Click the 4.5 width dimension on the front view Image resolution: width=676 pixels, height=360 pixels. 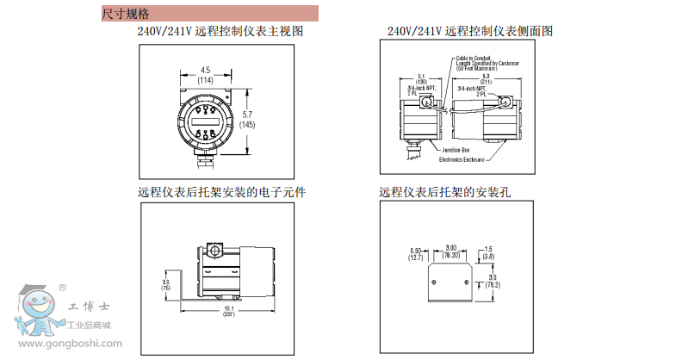[206, 74]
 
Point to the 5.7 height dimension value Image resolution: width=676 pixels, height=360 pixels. [247, 119]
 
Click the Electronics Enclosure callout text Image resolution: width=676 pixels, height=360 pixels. [462, 159]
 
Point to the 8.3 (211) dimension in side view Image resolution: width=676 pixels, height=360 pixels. [487, 80]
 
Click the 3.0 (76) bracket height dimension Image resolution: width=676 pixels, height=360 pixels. [165, 285]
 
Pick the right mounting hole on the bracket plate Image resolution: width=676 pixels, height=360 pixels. [466, 282]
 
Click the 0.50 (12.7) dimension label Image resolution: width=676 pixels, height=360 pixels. [415, 254]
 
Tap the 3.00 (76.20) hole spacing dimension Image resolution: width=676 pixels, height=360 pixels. [450, 251]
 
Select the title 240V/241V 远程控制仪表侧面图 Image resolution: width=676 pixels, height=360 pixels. [469, 31]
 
